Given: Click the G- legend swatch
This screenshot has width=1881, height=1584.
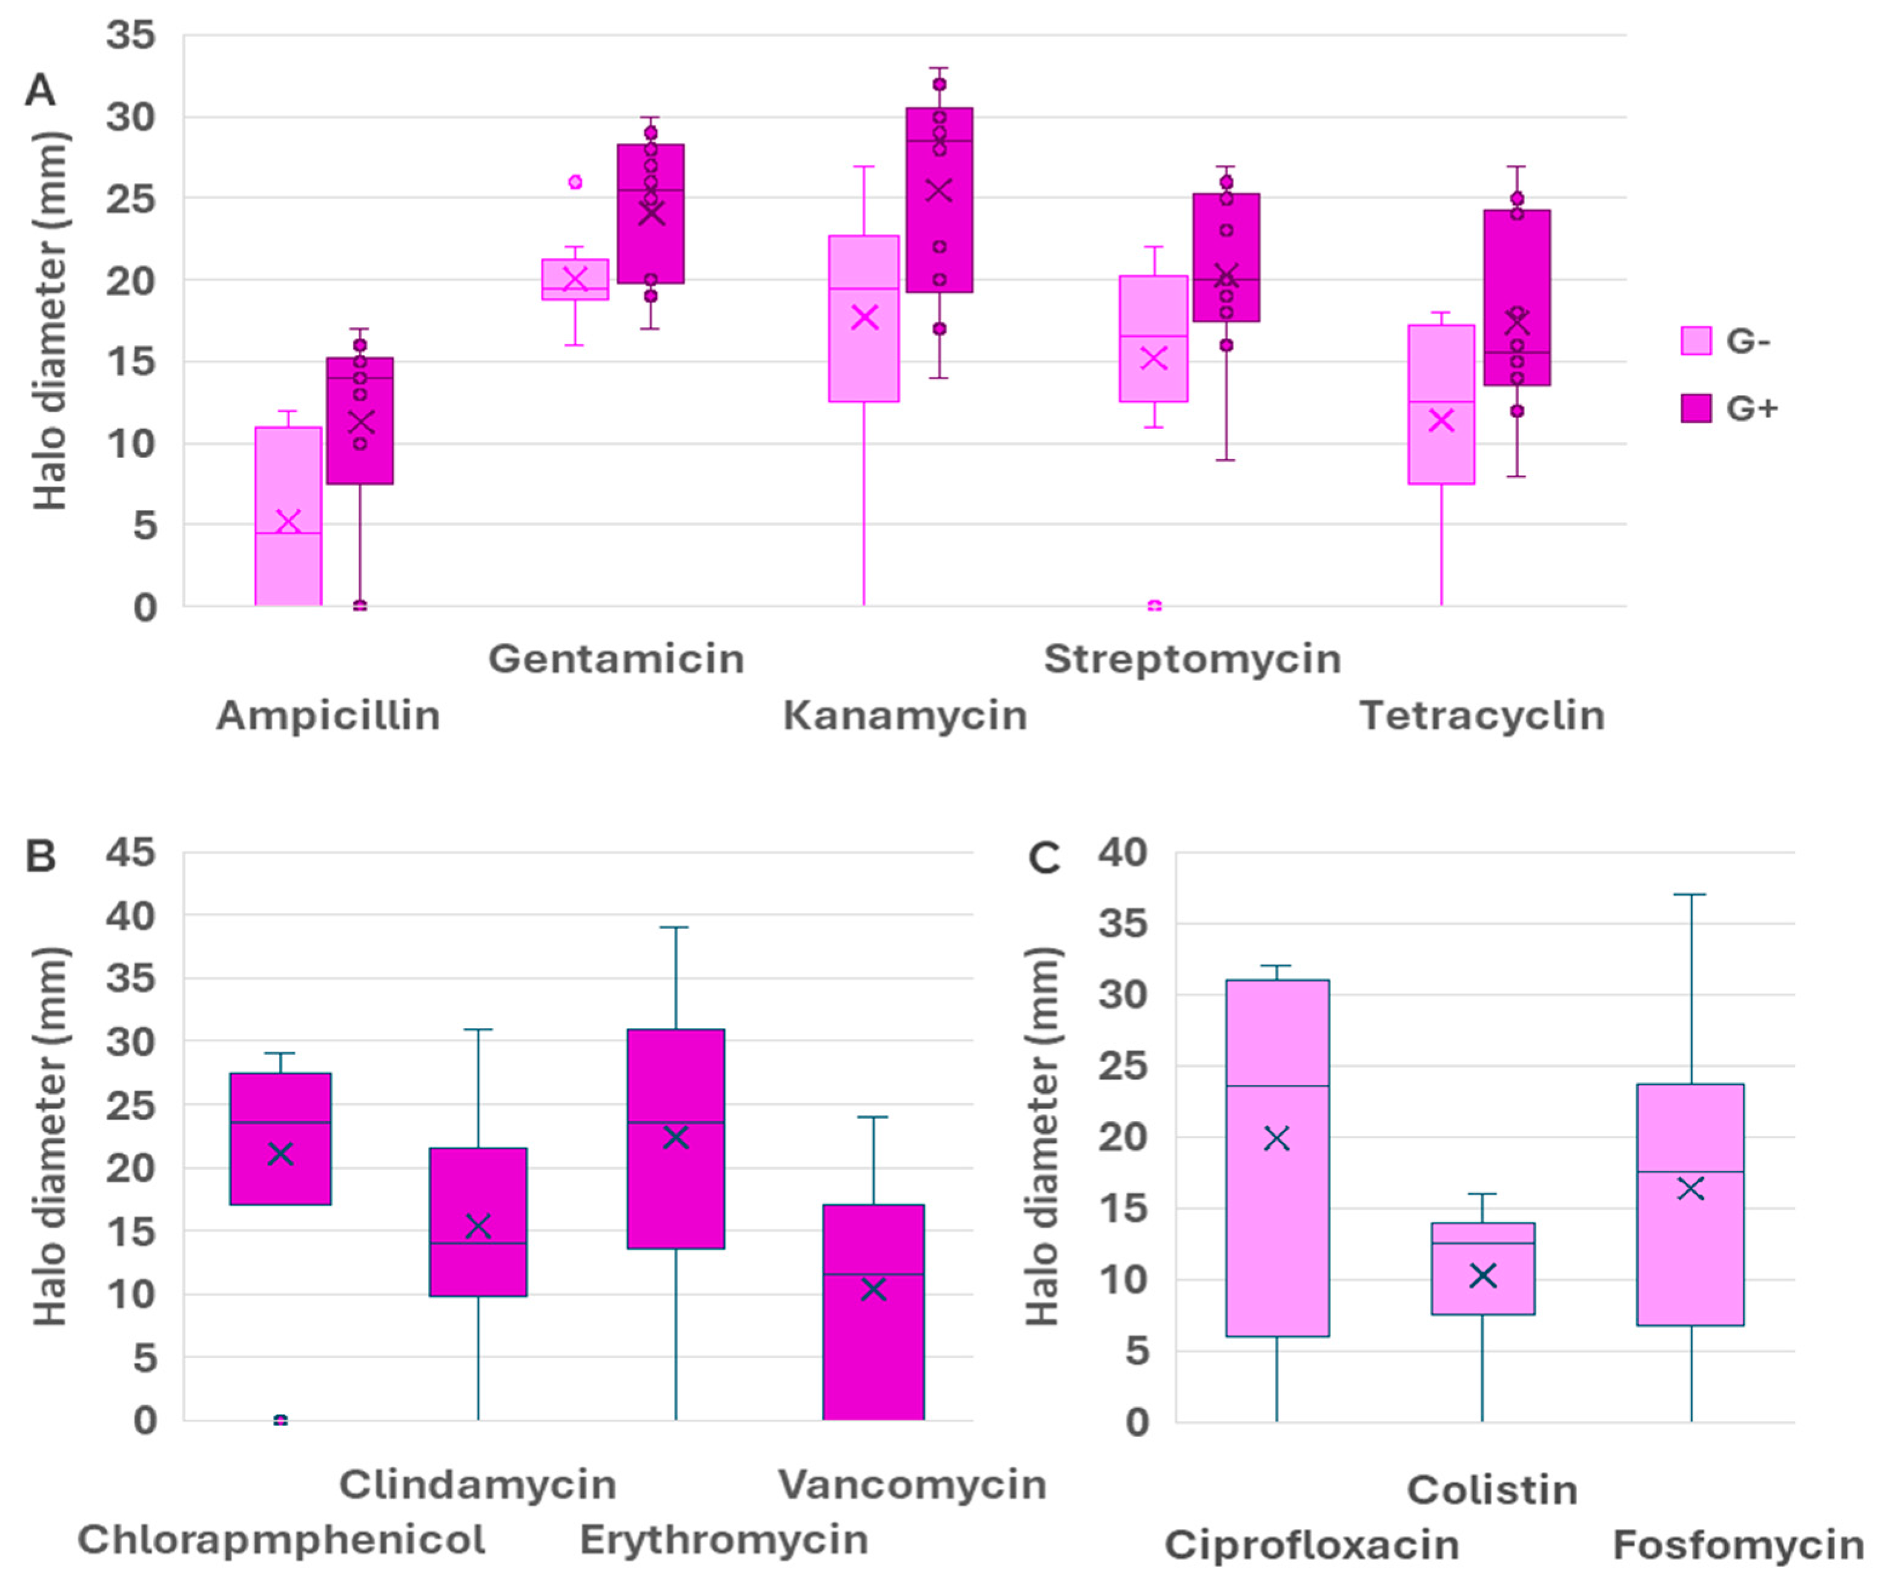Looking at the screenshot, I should coord(1695,341).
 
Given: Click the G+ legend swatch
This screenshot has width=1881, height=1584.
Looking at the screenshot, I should coord(1695,409).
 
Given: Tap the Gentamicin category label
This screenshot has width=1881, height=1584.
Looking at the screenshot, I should coord(616,659).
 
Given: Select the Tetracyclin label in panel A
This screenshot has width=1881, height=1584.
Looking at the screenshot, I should coord(1481,715).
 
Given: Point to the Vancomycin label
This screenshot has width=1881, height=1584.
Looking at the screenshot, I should coord(911,1484).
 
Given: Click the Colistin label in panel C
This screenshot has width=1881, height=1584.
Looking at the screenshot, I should coord(1492,1490).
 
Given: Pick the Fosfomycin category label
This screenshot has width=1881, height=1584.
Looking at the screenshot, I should coord(1738,1545).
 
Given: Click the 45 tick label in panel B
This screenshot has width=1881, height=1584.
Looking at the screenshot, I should coord(131,852).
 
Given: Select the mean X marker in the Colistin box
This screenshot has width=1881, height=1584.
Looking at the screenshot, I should coord(1483,1275).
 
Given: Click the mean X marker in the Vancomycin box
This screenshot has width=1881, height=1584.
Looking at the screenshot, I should coord(873,1288).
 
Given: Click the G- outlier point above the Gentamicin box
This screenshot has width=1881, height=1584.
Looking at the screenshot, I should coord(575,182).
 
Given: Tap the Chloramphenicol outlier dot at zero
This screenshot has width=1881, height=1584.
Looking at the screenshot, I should coord(280,1420).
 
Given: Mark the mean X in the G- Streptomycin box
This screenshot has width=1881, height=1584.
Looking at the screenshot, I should coord(1153,358).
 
